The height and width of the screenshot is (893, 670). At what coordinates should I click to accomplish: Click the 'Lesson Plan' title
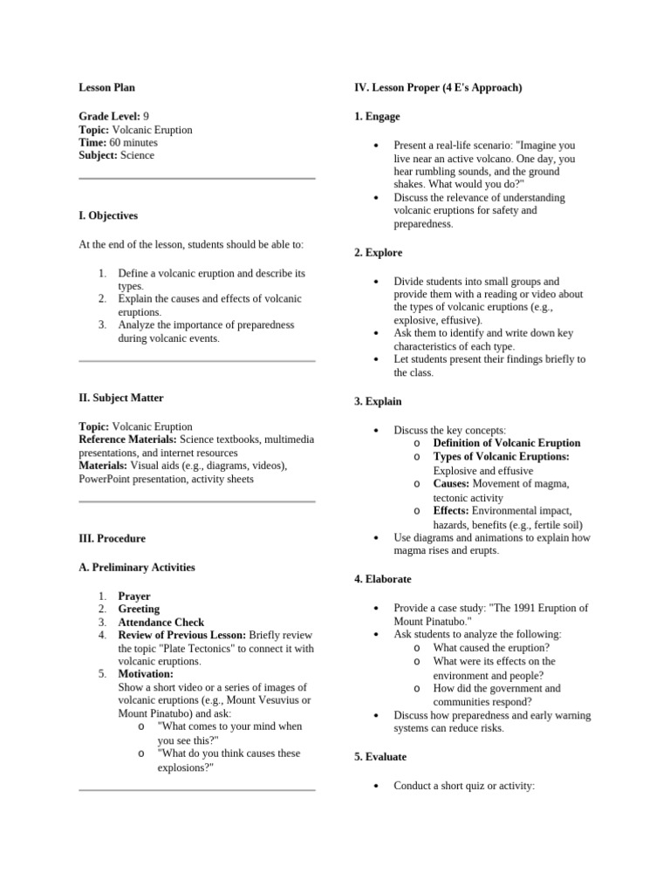[x=106, y=87]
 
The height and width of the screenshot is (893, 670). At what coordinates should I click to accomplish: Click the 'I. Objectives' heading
[x=108, y=215]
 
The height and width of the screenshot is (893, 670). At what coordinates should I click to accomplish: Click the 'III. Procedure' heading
[x=112, y=539]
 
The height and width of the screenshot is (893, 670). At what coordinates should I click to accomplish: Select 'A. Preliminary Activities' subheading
[x=136, y=568]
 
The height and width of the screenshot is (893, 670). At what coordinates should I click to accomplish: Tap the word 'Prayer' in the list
[x=134, y=596]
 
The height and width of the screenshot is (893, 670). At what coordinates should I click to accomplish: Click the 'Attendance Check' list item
[x=161, y=623]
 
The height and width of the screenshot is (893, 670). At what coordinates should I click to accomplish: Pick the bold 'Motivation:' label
[x=146, y=674]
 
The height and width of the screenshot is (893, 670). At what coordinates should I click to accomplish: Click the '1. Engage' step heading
[x=377, y=116]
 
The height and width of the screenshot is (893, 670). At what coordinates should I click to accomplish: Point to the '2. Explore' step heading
[x=379, y=253]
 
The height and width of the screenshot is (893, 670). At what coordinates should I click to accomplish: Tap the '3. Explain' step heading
[x=378, y=402]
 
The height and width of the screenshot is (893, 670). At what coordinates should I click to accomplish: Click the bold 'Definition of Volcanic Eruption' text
[x=506, y=443]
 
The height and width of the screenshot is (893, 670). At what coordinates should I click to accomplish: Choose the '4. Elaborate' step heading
[x=383, y=579]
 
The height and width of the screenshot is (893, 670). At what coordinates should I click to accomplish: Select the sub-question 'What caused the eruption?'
[x=491, y=648]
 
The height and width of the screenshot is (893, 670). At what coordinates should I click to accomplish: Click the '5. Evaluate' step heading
[x=380, y=757]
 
